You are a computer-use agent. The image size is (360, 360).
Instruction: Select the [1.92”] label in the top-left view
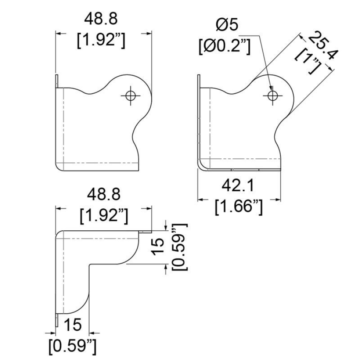[101, 40]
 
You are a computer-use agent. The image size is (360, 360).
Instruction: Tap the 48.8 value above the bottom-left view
[104, 194]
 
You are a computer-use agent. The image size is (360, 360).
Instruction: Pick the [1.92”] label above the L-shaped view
[104, 216]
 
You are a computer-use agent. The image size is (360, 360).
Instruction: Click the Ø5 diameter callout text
[227, 25]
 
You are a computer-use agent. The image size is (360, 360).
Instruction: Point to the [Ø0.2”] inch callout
[224, 47]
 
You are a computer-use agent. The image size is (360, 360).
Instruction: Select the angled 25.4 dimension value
[322, 45]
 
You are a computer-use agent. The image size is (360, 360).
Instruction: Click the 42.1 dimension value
[238, 186]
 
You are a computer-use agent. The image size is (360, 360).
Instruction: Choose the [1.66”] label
[238, 207]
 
